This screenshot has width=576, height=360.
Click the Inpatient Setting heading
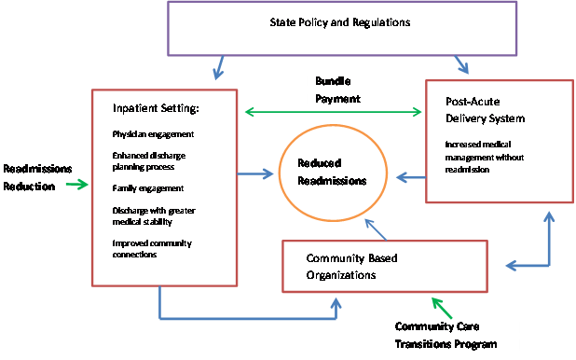pos(156,110)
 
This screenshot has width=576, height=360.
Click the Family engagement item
pos(146,188)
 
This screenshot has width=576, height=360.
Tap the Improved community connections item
pos(152,248)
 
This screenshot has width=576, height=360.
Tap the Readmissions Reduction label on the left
pos(38,177)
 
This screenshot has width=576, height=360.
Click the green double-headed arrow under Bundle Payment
pos(332,112)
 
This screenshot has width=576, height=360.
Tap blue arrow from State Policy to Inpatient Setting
pos(218,68)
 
